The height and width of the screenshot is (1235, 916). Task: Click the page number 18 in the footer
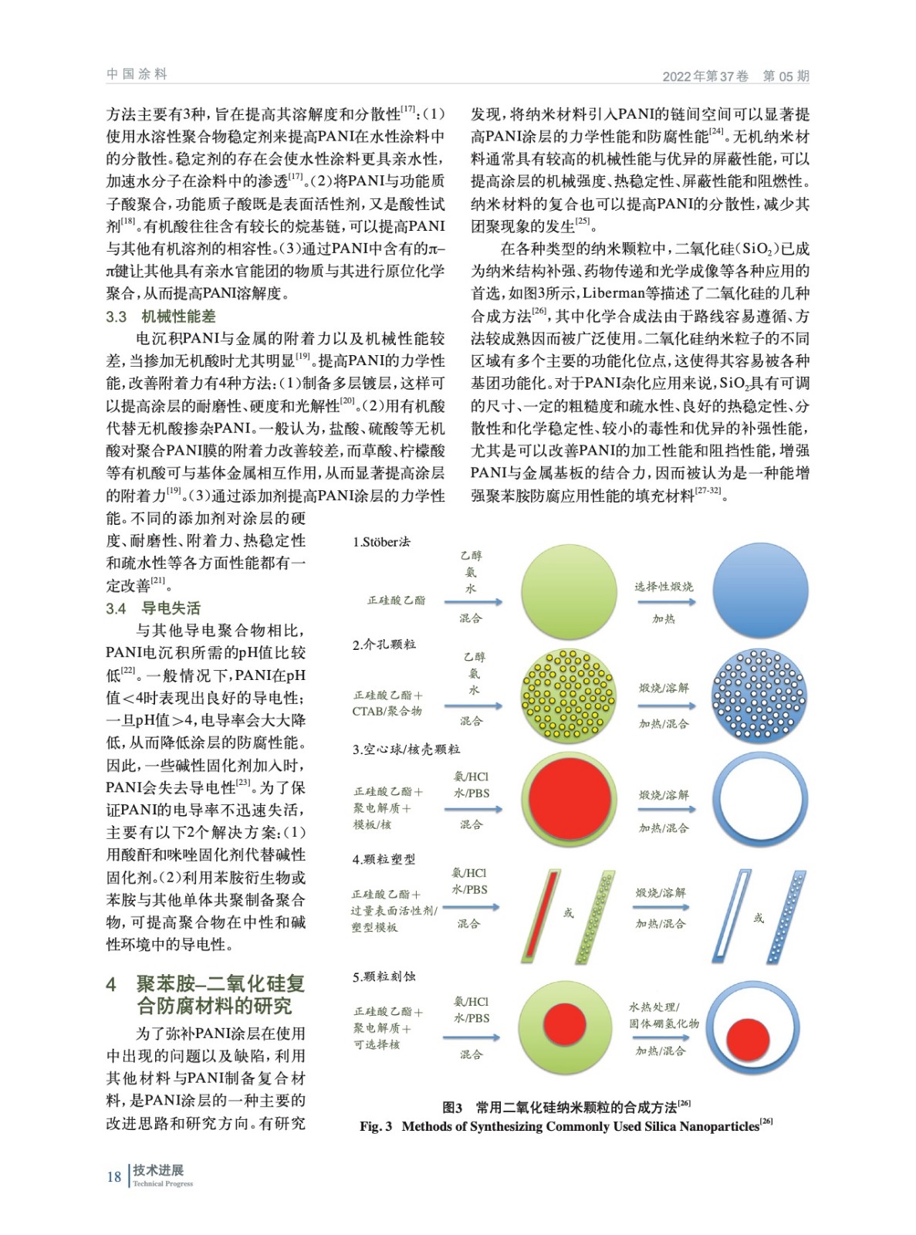(113, 1176)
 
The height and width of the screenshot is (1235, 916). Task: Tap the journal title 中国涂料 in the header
(137, 74)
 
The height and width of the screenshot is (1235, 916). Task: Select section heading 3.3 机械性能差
(161, 316)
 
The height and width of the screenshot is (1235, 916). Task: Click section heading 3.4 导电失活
(153, 608)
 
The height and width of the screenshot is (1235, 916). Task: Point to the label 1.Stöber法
(381, 542)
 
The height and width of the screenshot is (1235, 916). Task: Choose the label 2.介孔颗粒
(384, 645)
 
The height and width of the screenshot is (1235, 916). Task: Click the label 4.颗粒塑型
(384, 859)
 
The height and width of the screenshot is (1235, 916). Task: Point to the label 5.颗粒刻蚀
(384, 976)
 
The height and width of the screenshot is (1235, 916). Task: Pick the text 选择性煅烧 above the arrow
(664, 587)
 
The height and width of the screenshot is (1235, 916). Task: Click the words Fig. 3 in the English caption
(376, 1127)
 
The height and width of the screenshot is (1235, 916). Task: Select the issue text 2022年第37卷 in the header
(705, 76)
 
